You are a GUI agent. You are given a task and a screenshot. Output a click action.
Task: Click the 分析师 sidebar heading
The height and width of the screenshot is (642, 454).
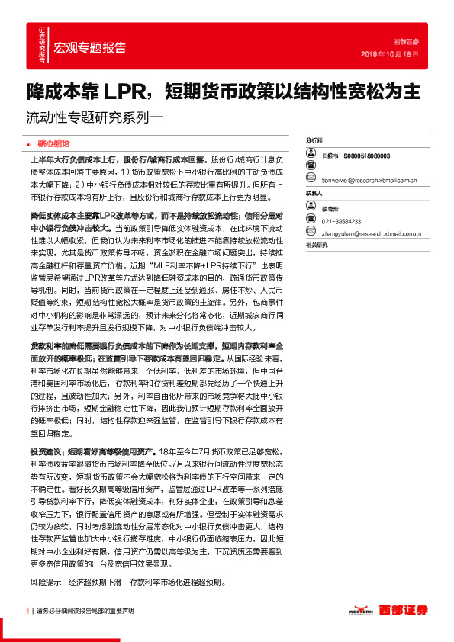point(314,141)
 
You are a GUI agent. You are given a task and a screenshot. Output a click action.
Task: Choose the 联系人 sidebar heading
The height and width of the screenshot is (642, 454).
point(314,194)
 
